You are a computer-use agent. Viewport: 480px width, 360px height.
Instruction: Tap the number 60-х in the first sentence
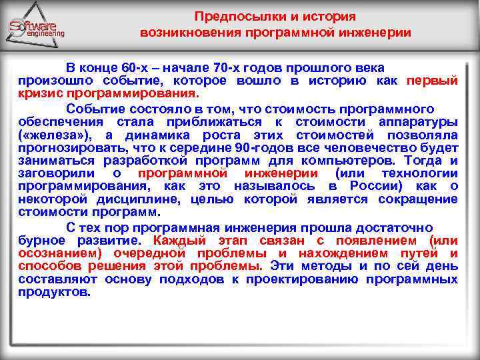pyautogui.click(x=137, y=68)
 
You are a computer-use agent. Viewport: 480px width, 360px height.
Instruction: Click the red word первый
pyautogui.click(x=433, y=81)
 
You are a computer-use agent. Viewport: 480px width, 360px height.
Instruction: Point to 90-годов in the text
pyautogui.click(x=281, y=147)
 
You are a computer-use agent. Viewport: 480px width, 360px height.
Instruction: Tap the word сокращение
pyautogui.click(x=418, y=199)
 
